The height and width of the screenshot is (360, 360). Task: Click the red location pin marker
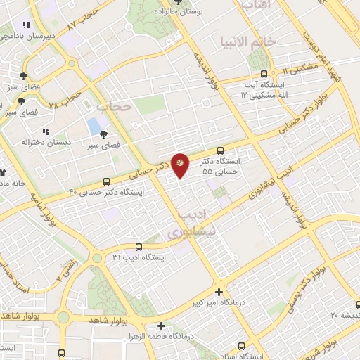point(181,164)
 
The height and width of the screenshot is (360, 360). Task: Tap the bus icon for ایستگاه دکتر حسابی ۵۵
point(221,150)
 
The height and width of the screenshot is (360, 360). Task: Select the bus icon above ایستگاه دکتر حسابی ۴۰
point(106,181)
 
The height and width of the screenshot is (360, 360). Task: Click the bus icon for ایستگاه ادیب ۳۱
point(138,247)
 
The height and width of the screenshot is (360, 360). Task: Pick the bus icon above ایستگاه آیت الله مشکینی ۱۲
point(264,72)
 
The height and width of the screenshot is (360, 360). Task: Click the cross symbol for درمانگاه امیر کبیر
point(219,292)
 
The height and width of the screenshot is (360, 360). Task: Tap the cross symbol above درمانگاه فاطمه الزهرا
point(162,326)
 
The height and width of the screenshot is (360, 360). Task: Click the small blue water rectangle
point(94,127)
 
